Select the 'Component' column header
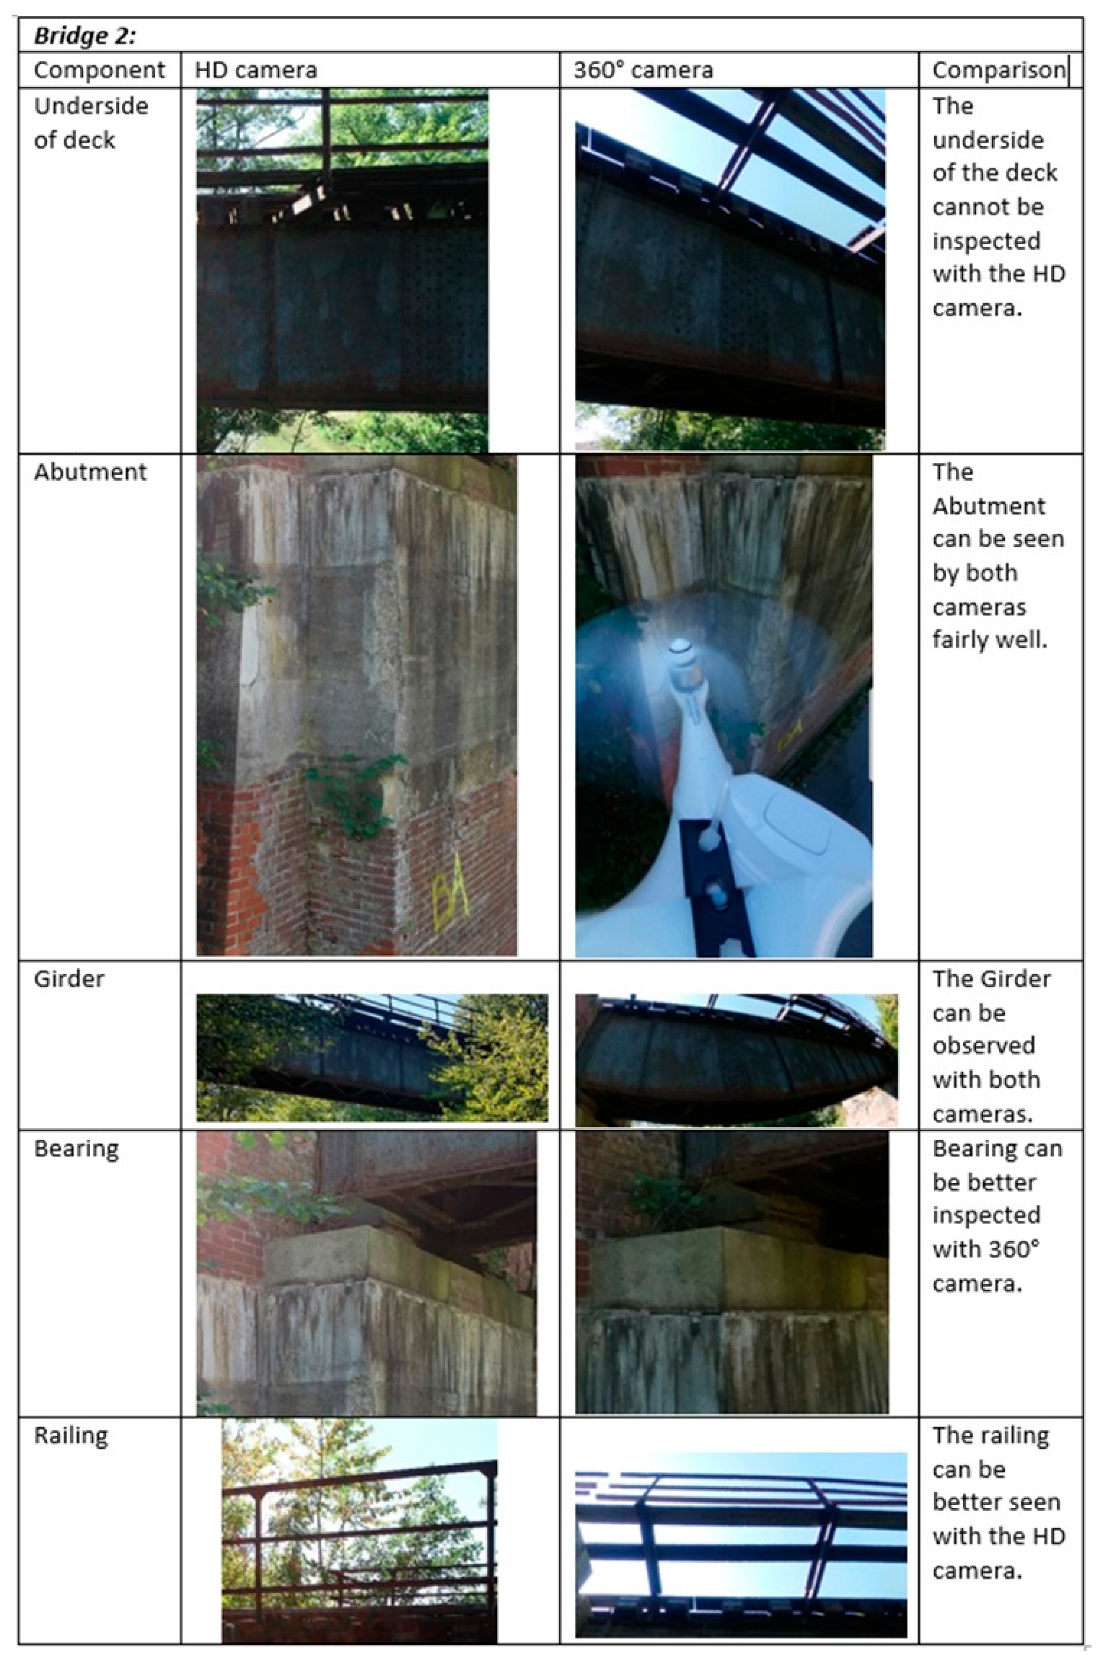(x=99, y=70)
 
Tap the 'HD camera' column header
(x=256, y=70)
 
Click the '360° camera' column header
(x=643, y=70)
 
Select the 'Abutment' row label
(x=90, y=472)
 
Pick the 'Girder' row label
(x=69, y=979)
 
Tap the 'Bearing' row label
(x=76, y=1148)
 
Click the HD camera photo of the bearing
(x=366, y=1273)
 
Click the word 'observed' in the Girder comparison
(x=984, y=1045)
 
